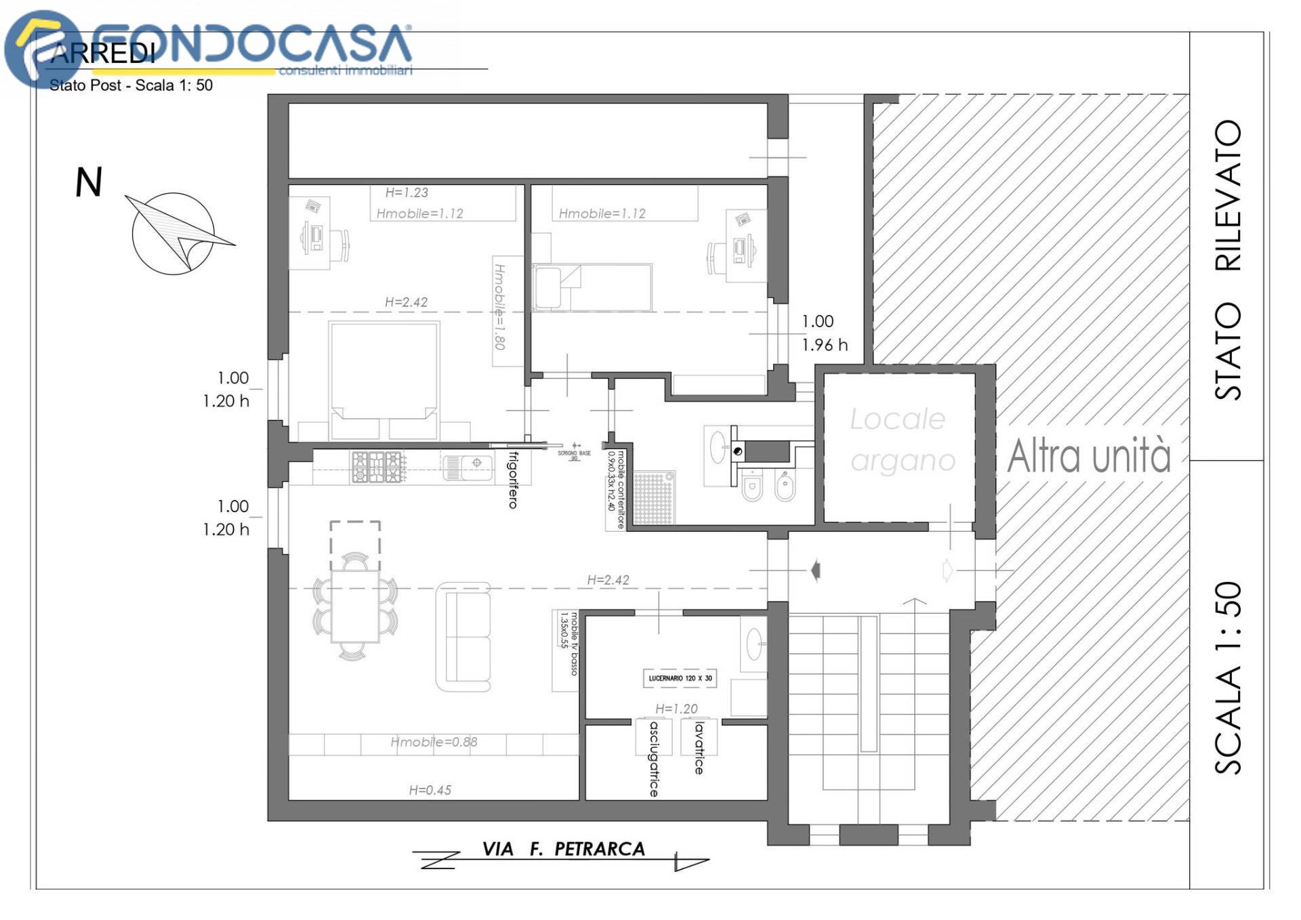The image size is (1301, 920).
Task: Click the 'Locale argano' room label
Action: coord(901,440)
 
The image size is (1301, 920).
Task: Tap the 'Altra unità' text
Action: coord(1088,455)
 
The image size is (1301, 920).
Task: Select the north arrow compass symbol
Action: coord(175,233)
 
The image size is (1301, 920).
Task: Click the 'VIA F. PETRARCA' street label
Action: coord(563,849)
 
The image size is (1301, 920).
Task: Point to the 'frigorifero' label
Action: coord(513,480)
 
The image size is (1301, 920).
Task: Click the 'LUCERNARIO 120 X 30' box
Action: coord(680,678)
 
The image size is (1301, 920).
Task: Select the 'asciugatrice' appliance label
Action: coord(653,759)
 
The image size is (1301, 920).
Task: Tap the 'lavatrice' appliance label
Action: coord(699,748)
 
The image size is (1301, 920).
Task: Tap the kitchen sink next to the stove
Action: coord(468,466)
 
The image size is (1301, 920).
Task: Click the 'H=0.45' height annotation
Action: coord(430,790)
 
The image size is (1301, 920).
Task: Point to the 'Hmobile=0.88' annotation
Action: coord(434,742)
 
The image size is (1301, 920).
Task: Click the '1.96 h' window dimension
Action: coord(824,345)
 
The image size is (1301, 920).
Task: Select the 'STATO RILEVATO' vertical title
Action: coord(1228,259)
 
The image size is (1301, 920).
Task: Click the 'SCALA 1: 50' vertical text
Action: coord(1228,677)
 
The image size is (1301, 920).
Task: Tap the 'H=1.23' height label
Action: coord(407,192)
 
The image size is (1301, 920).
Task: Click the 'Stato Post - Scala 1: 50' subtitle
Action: coord(131,85)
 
